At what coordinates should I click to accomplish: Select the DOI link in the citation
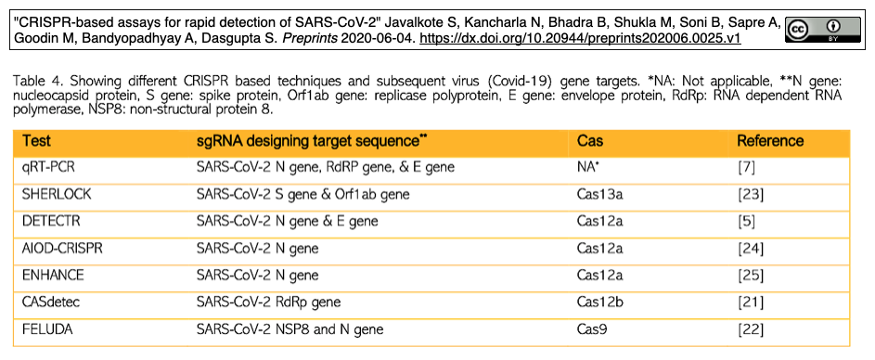pyautogui.click(x=580, y=39)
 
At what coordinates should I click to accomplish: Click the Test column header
pyautogui.click(x=37, y=141)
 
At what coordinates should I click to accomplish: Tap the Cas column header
pyautogui.click(x=590, y=141)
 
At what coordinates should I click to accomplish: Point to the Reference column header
pyautogui.click(x=771, y=141)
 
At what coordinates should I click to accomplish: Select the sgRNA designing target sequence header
pyautogui.click(x=313, y=141)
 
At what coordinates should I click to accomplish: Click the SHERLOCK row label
pyautogui.click(x=57, y=194)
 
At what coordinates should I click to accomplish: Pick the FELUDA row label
pyautogui.click(x=47, y=329)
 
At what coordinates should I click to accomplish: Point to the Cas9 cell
pyautogui.click(x=591, y=329)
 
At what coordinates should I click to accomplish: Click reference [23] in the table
pyautogui.click(x=751, y=195)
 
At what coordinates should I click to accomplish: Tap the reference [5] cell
pyautogui.click(x=747, y=222)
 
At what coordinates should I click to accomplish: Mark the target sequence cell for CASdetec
pyautogui.click(x=268, y=302)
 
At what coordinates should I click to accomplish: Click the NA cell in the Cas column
pyautogui.click(x=588, y=167)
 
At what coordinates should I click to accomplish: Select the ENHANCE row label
pyautogui.click(x=53, y=276)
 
